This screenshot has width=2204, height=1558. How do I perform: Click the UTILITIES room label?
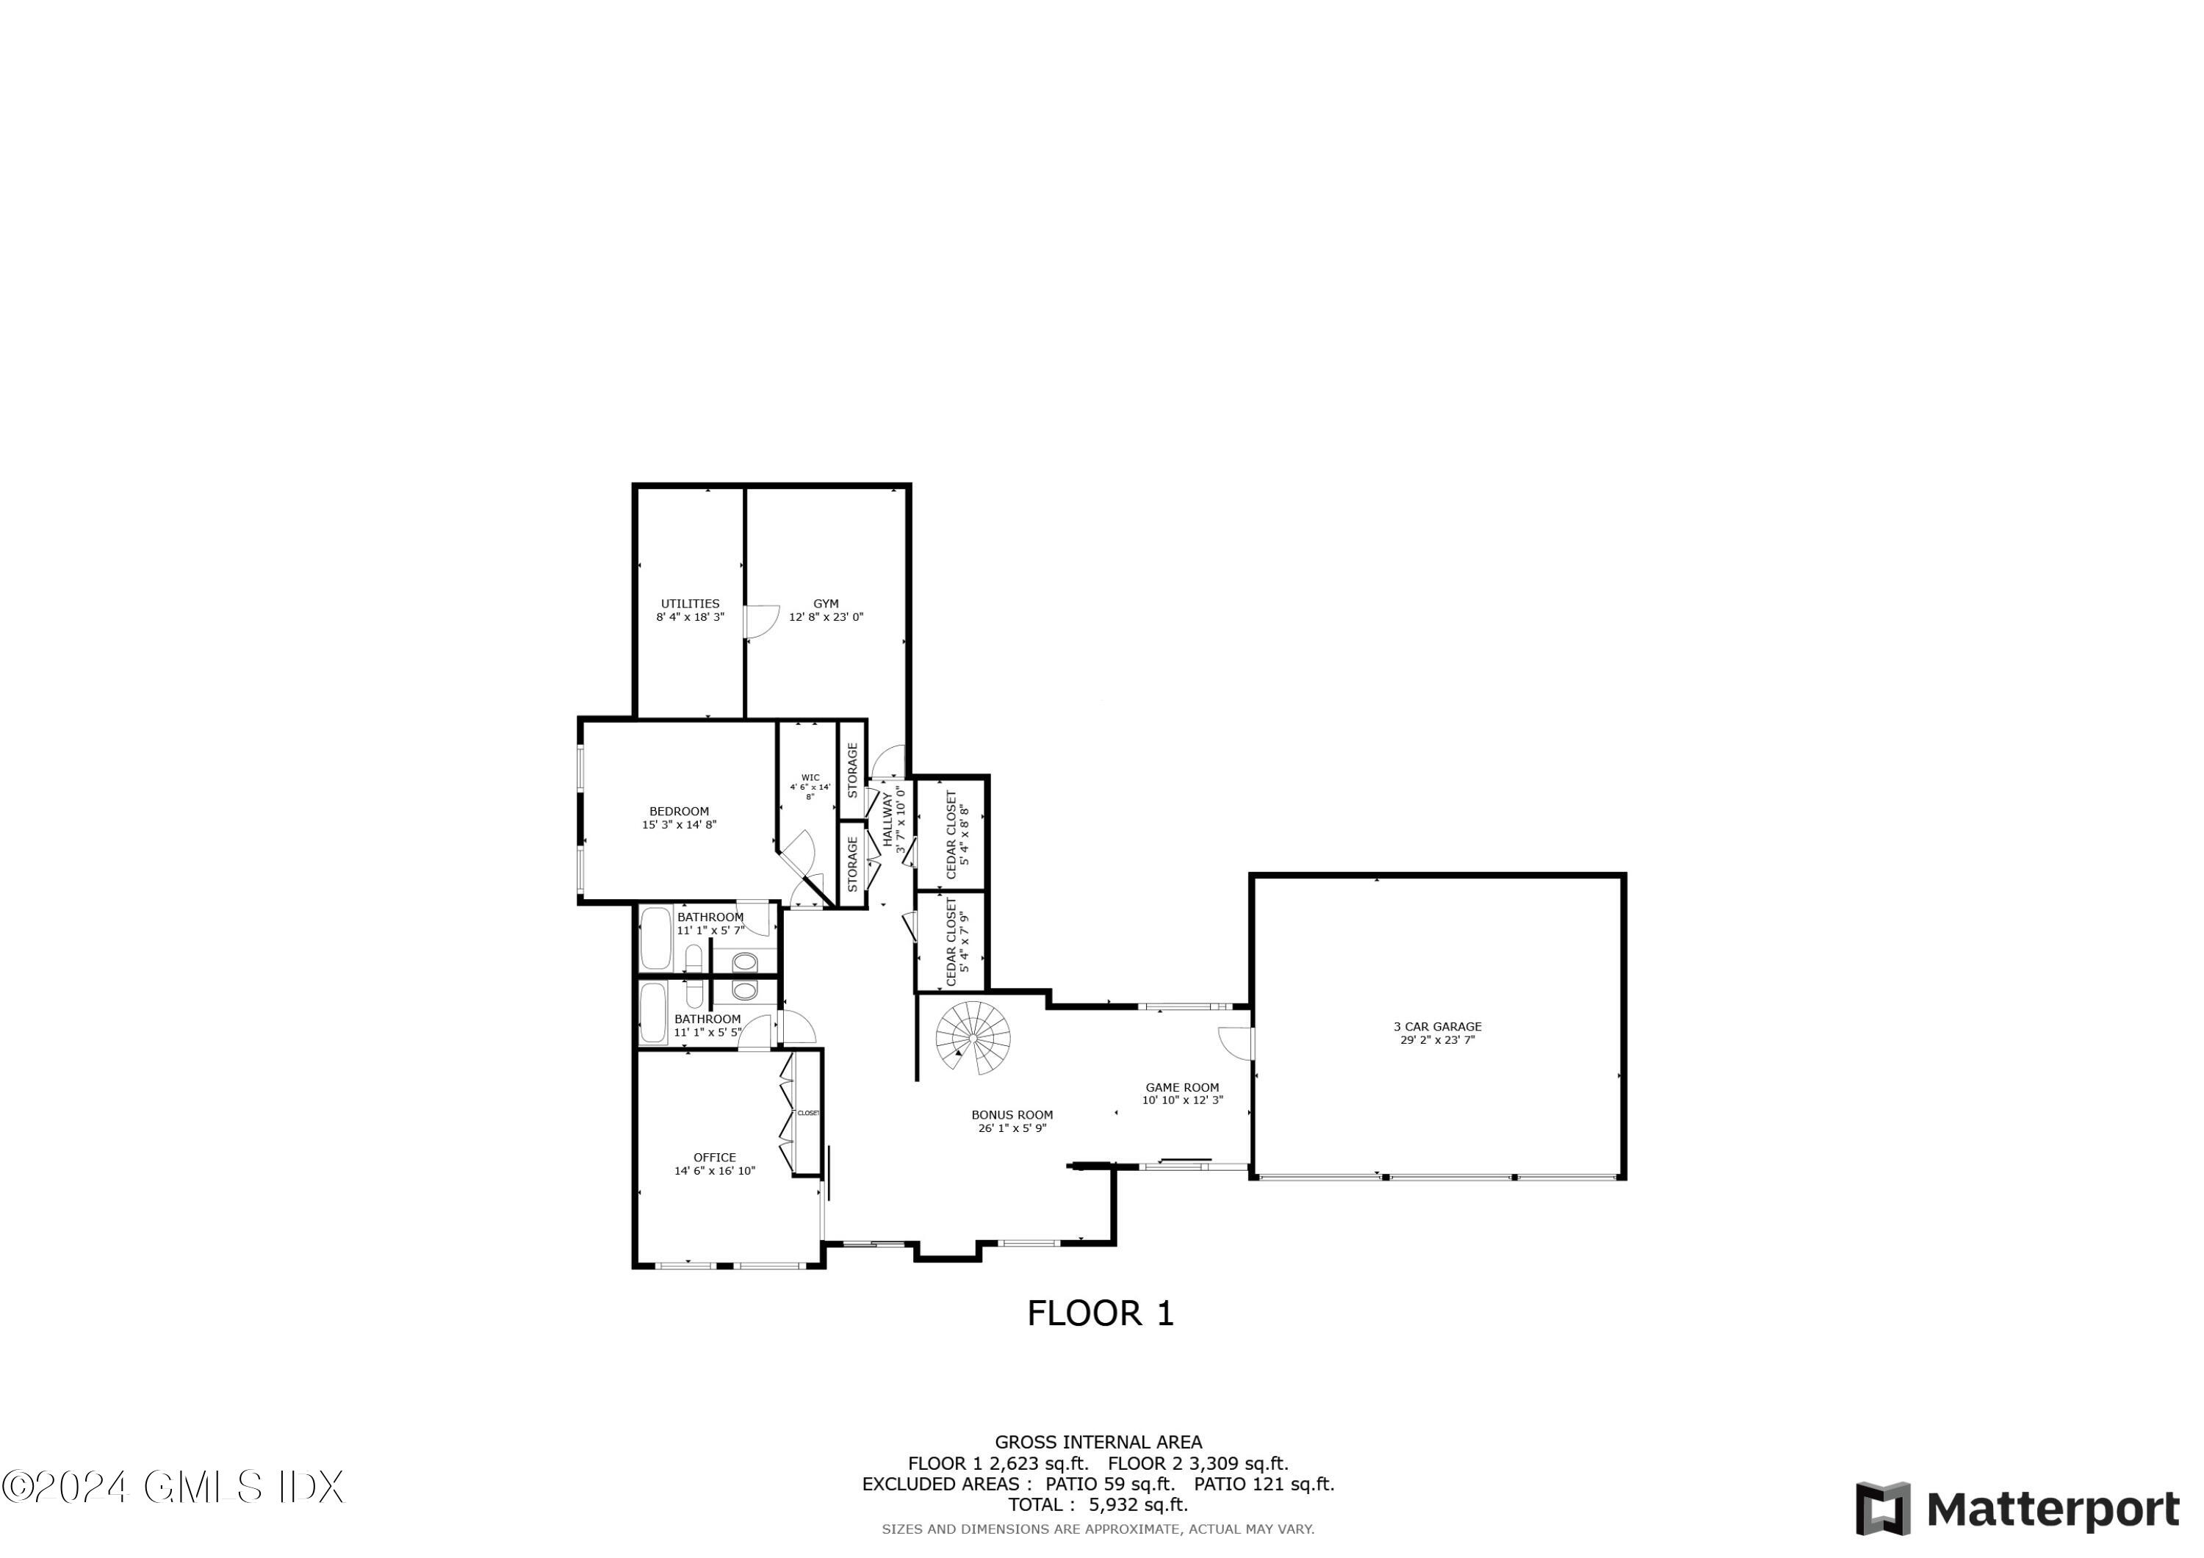[689, 604]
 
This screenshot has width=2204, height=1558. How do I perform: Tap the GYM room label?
[826, 604]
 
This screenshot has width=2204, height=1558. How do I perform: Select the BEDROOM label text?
[679, 811]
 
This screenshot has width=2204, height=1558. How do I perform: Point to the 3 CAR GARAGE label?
[1437, 1026]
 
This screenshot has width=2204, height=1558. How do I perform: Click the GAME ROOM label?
[1181, 1088]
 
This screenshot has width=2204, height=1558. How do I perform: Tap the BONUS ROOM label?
[1012, 1114]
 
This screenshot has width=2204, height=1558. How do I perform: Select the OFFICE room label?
[714, 1158]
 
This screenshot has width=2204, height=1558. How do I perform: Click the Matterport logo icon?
[1882, 1509]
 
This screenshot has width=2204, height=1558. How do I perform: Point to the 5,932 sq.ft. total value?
[1137, 1505]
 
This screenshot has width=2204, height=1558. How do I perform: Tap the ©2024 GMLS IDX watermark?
[173, 1487]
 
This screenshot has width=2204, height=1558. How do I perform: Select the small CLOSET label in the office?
[808, 1114]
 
